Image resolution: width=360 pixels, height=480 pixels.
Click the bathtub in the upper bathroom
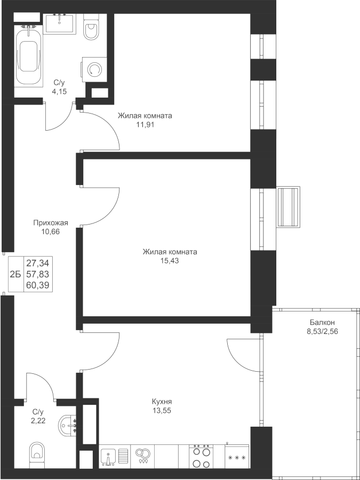(x=29, y=57)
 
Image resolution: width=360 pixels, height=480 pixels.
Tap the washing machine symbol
(x=94, y=69)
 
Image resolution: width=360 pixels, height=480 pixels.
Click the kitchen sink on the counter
(x=108, y=457)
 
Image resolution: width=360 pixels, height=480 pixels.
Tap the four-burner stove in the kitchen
(x=201, y=457)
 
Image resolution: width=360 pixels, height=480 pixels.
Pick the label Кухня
(x=161, y=402)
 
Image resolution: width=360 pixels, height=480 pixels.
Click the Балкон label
(x=322, y=323)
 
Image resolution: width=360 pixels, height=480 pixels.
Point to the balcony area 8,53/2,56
(x=322, y=331)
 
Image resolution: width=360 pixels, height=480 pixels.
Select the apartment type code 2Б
(x=15, y=275)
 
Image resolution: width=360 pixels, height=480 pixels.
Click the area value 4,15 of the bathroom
(x=58, y=91)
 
